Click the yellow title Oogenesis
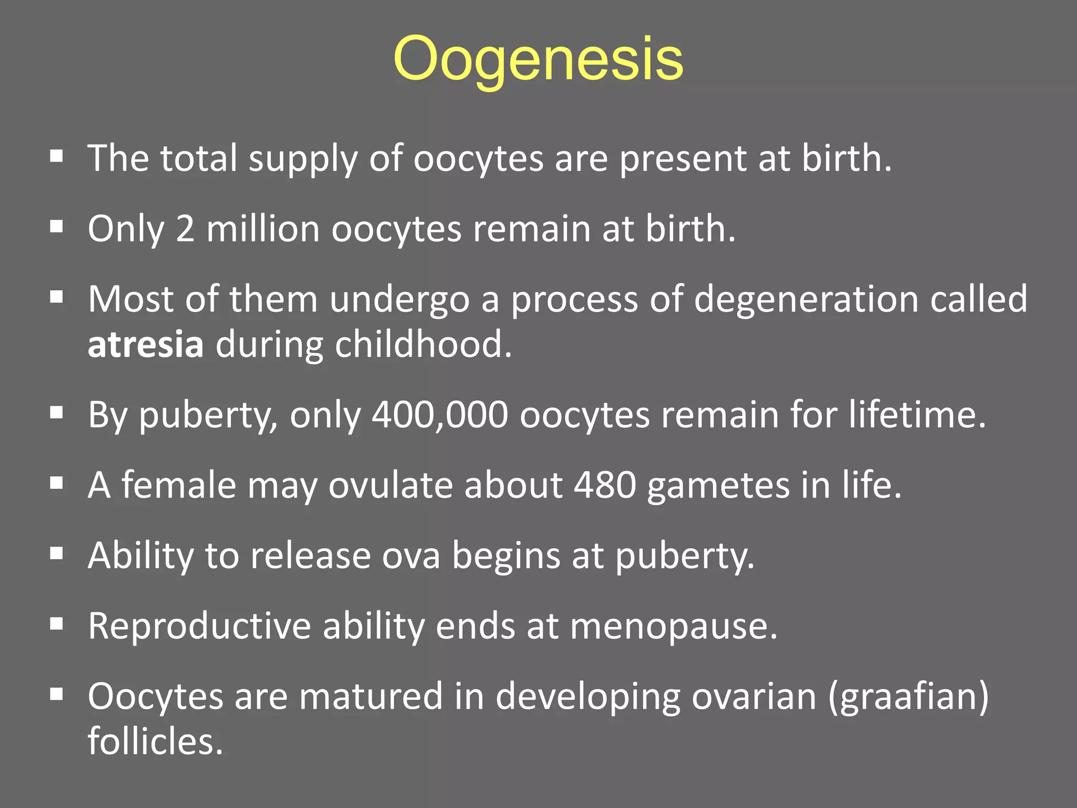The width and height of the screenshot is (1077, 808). tap(538, 59)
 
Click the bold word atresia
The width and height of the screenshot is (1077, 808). tap(146, 345)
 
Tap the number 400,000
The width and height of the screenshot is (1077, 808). tap(440, 415)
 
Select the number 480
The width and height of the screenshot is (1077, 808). tap(605, 485)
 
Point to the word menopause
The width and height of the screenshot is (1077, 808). tap(673, 626)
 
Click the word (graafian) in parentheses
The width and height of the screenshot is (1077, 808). tap(908, 696)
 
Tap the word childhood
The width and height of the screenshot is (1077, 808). tap(423, 345)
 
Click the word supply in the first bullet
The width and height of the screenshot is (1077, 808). tap(303, 159)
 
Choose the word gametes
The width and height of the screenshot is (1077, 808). tap(718, 485)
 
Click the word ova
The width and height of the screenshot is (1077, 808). tap(411, 556)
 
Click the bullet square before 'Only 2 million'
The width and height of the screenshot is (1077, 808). tap(56, 227)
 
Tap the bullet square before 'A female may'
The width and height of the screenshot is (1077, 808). tap(56, 483)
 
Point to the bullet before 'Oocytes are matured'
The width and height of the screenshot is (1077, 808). tap(56, 694)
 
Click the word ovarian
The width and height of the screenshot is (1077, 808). tap(754, 696)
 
